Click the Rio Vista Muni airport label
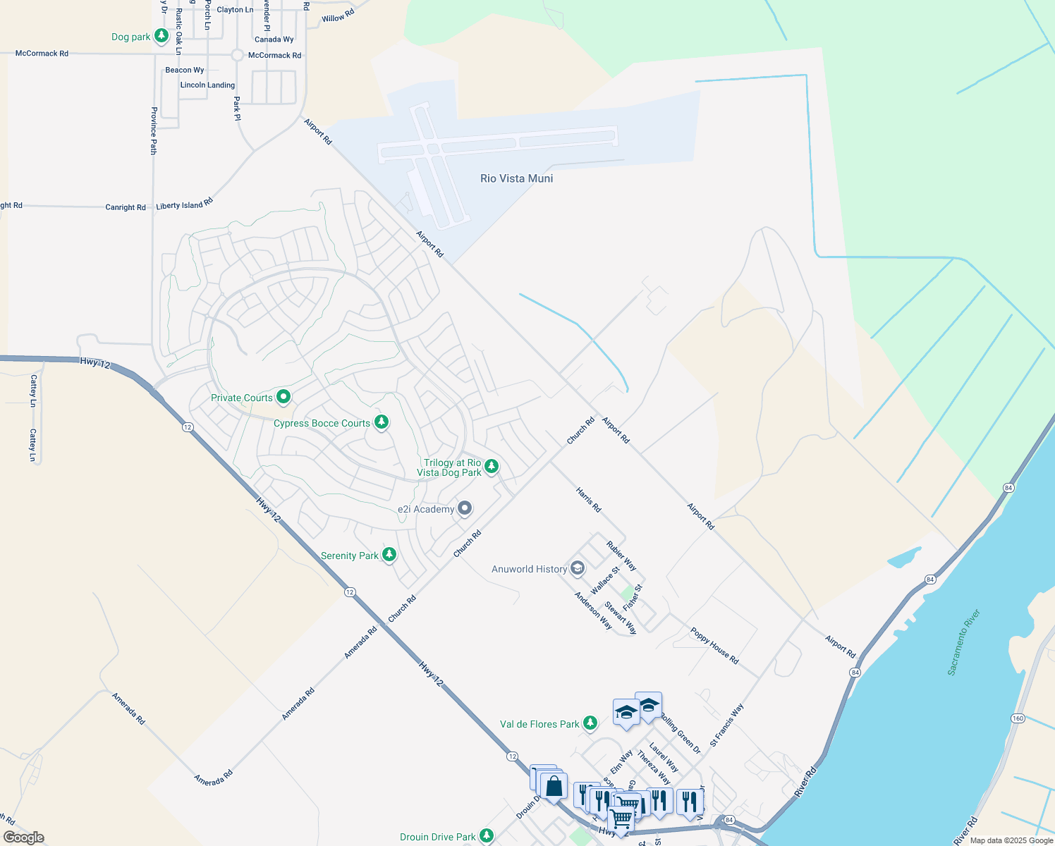pyautogui.click(x=516, y=178)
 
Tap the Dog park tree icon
pyautogui.click(x=161, y=35)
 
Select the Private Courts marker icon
pyautogui.click(x=283, y=397)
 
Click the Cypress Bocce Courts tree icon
pyautogui.click(x=382, y=422)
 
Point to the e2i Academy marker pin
pyautogui.click(x=464, y=508)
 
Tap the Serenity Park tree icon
pyautogui.click(x=389, y=554)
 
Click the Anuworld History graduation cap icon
pyautogui.click(x=578, y=568)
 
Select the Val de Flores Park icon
pyautogui.click(x=590, y=723)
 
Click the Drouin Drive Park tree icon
pyautogui.click(x=486, y=835)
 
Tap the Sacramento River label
pyautogui.click(x=964, y=642)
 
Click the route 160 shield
pyautogui.click(x=1018, y=718)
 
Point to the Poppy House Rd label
pyautogui.click(x=714, y=646)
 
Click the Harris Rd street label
pyautogui.click(x=588, y=499)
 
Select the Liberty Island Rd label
pyautogui.click(x=185, y=205)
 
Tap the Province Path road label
pyautogui.click(x=154, y=130)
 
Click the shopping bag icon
pyautogui.click(x=554, y=786)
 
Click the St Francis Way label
pyautogui.click(x=726, y=725)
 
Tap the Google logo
pyautogui.click(x=23, y=838)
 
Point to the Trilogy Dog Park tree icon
pyautogui.click(x=492, y=466)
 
